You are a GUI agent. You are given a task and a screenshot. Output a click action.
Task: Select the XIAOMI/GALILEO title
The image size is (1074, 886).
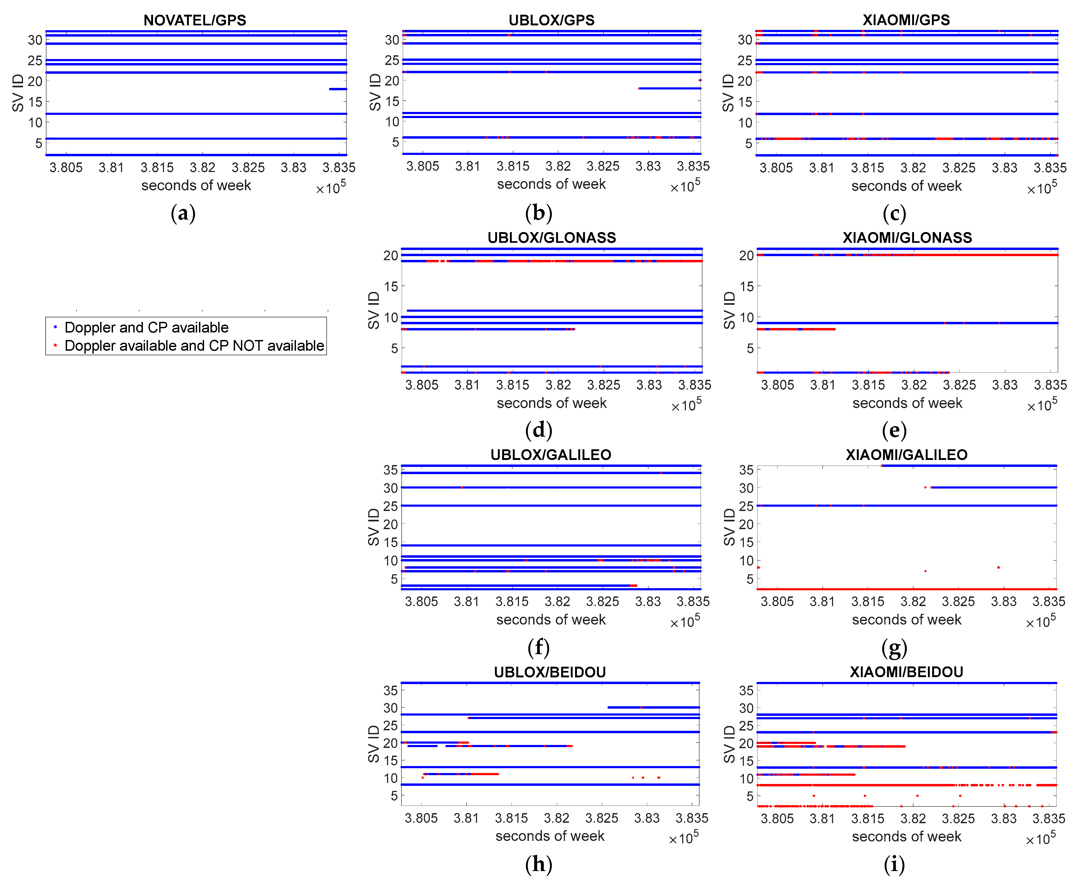pyautogui.click(x=906, y=455)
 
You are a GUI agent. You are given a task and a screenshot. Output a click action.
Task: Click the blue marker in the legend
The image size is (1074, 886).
pyautogui.click(x=55, y=327)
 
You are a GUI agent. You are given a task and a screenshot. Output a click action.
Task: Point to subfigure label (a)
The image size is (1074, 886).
pyautogui.click(x=183, y=213)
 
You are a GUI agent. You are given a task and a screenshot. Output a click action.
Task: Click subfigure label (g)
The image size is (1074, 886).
pyautogui.click(x=894, y=648)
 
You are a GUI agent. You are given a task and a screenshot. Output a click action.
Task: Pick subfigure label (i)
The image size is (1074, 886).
pyautogui.click(x=894, y=865)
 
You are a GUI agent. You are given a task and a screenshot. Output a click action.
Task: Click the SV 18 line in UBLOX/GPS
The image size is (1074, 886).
pyautogui.click(x=669, y=88)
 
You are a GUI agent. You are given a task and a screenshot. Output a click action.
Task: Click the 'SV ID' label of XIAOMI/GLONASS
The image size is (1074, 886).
pyautogui.click(x=730, y=310)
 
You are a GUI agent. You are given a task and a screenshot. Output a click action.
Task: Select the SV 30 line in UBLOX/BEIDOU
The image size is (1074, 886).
pyautogui.click(x=653, y=707)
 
